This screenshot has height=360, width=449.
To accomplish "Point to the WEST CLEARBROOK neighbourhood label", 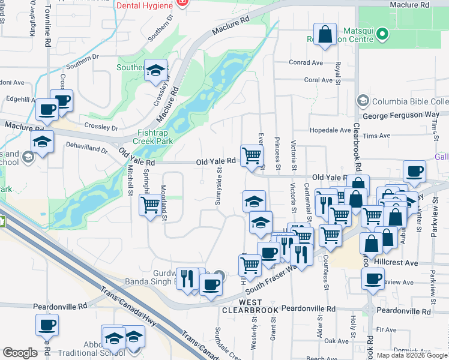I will click(250, 306).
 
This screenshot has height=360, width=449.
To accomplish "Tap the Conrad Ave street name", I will click(306, 62).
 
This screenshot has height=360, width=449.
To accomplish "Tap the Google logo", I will click(20, 353).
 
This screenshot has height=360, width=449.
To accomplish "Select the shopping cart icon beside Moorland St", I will click(149, 205).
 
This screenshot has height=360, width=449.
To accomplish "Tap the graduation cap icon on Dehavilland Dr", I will click(43, 142).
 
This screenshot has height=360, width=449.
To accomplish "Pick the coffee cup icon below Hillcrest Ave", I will click(373, 279).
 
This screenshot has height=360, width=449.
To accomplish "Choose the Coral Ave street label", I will click(318, 80).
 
